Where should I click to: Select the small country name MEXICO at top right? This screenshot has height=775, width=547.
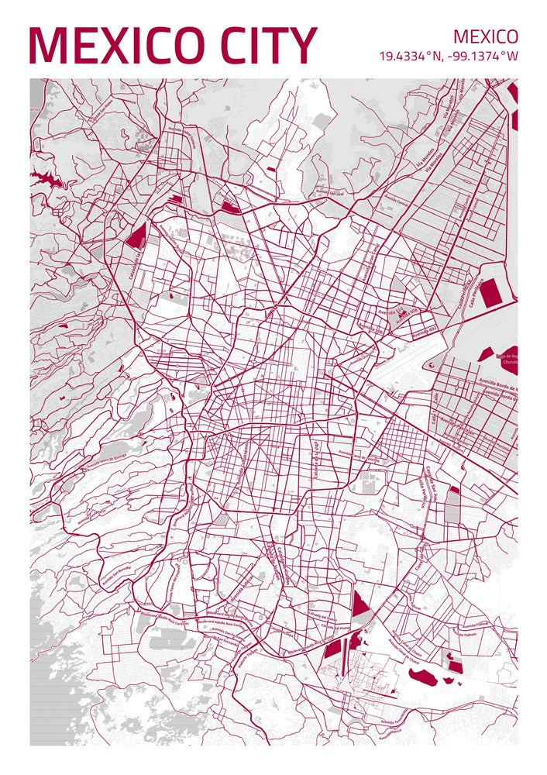(x=486, y=36)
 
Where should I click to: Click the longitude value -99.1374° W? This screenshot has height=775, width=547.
(x=483, y=56)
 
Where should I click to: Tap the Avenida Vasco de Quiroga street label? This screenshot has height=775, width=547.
(x=97, y=461)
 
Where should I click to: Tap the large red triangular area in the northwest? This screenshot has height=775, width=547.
(x=136, y=236)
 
